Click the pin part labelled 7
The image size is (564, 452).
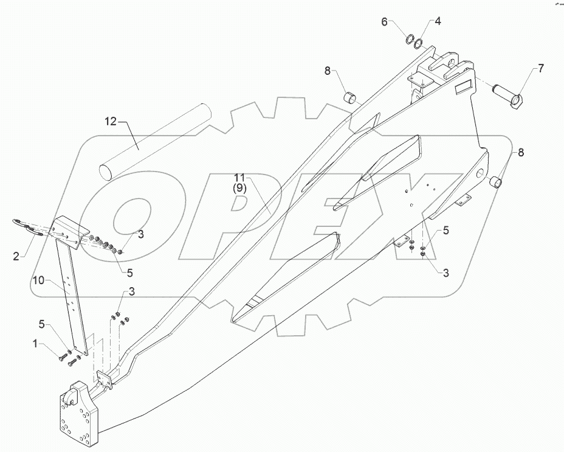tap(508, 94)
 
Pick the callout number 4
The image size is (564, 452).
tap(438, 22)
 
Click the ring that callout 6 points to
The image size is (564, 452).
tap(410, 41)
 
